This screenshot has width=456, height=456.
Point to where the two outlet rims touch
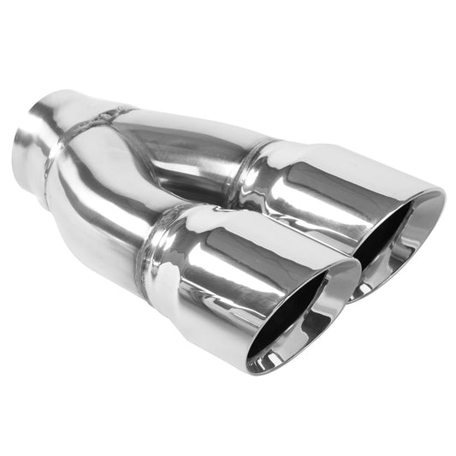point(352,282)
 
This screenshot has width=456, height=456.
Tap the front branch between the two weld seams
point(103,205)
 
